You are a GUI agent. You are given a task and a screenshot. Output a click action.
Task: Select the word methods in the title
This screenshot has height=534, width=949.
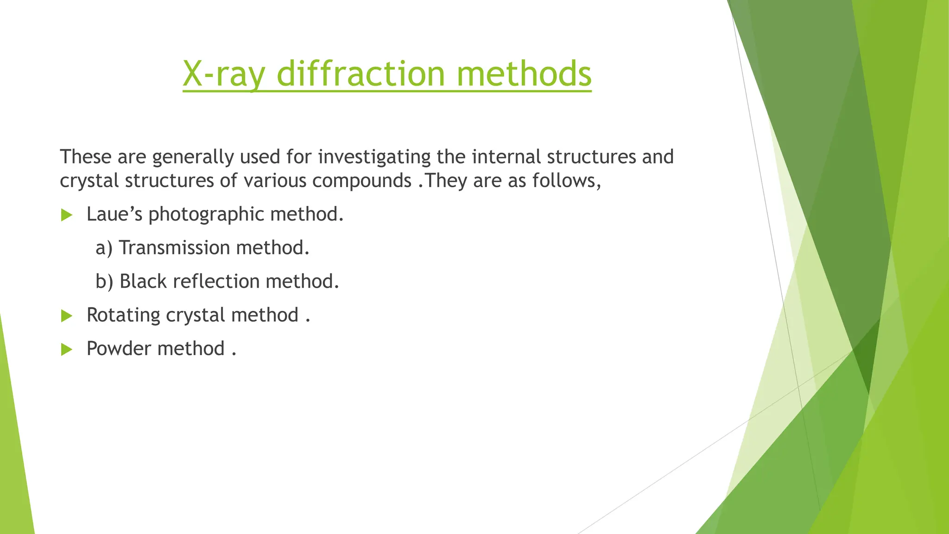524,74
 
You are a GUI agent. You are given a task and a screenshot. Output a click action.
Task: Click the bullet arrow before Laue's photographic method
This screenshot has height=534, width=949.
67,215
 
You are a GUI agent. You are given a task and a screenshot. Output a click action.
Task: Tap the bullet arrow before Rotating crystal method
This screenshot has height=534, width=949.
67,316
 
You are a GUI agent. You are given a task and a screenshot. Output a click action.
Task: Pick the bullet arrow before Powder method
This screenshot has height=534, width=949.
67,350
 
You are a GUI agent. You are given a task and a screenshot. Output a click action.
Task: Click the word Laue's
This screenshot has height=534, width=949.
114,214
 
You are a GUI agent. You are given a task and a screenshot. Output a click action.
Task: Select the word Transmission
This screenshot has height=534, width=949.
174,248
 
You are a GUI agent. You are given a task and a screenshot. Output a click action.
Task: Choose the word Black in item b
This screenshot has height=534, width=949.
143,281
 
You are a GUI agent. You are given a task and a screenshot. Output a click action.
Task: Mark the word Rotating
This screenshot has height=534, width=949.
123,316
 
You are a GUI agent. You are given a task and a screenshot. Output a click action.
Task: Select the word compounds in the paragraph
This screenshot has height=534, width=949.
361,181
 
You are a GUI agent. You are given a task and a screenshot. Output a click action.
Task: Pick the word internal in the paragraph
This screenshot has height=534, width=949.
506,157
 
